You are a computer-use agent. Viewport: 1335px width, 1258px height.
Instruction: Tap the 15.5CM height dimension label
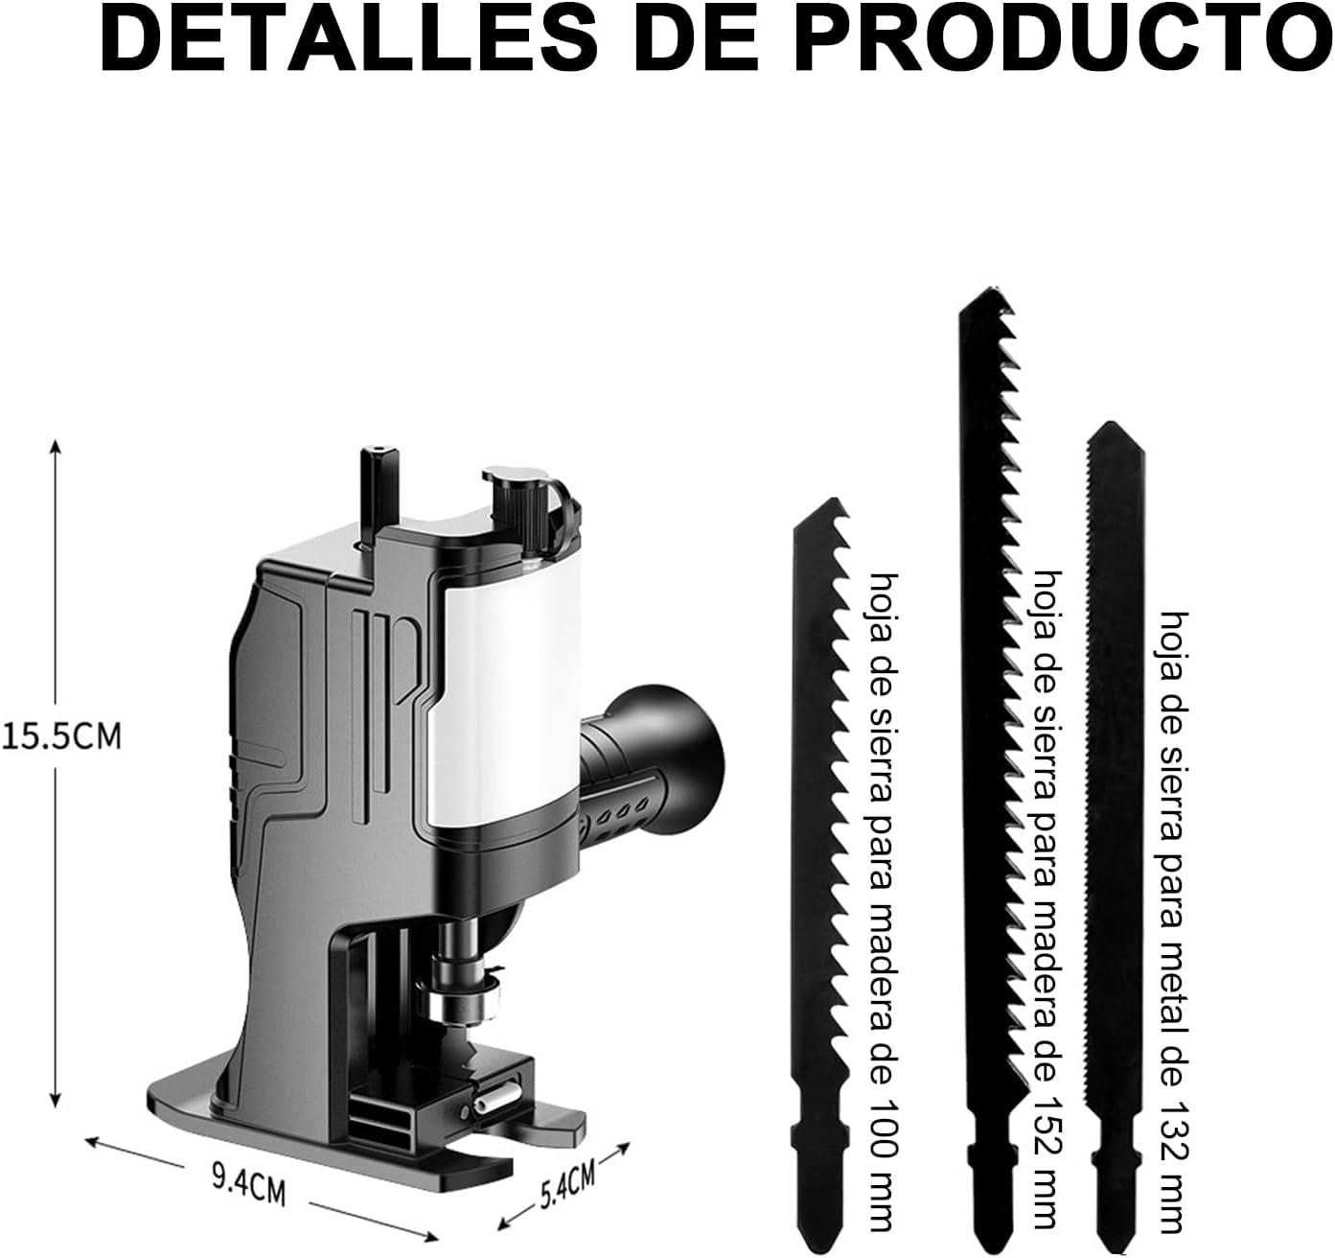click(62, 736)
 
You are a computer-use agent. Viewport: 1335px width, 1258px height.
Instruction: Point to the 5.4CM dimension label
click(568, 1185)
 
